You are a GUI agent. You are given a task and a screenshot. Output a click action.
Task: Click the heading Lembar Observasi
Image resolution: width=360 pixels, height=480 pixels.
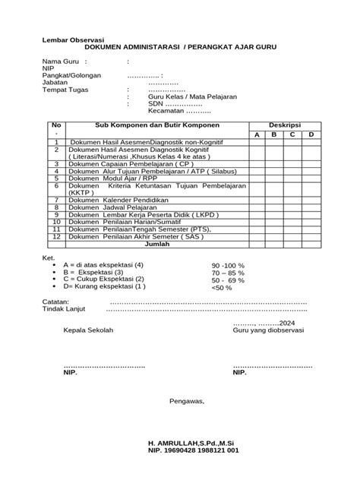pyautogui.click(x=72, y=39)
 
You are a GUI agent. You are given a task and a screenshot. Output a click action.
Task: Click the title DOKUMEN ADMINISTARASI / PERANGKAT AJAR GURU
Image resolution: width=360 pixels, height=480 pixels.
pyautogui.click(x=180, y=47)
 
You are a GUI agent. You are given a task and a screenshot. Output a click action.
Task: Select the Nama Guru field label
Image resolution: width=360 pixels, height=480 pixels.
pyautogui.click(x=62, y=61)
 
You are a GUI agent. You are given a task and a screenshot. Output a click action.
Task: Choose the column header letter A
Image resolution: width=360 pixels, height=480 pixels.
pyautogui.click(x=257, y=134)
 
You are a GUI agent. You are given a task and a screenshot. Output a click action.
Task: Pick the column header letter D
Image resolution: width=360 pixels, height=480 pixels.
pyautogui.click(x=311, y=134)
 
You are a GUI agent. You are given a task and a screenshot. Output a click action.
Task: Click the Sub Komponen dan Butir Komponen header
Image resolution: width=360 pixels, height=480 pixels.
pyautogui.click(x=157, y=124)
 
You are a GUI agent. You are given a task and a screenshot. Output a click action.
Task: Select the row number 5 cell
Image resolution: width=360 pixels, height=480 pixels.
pyautogui.click(x=55, y=178)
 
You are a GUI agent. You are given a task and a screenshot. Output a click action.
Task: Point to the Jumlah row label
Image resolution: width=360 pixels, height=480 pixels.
pyautogui.click(x=157, y=245)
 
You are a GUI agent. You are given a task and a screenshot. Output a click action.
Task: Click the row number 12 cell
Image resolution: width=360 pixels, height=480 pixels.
pyautogui.click(x=55, y=237)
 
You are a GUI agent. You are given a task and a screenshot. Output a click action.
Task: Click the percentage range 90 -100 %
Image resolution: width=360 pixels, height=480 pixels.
pyautogui.click(x=229, y=265)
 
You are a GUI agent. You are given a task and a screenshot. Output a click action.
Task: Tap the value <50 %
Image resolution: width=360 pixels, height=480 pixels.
pyautogui.click(x=222, y=288)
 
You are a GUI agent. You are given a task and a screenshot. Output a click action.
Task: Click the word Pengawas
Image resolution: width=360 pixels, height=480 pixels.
pyautogui.click(x=187, y=401)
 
